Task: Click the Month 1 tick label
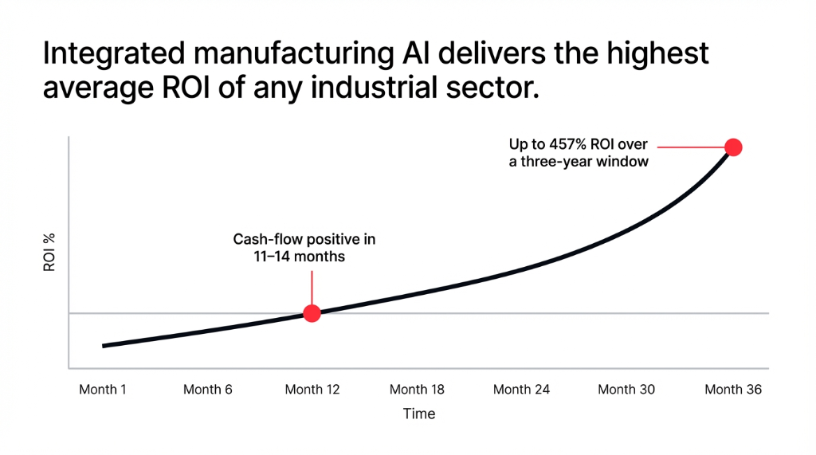[103, 390]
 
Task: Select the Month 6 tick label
[207, 390]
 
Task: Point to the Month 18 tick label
[417, 390]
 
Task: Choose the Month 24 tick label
[521, 390]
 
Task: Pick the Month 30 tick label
[627, 390]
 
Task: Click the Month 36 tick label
[733, 390]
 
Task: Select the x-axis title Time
[419, 414]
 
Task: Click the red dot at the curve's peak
[733, 147]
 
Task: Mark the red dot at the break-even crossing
[312, 313]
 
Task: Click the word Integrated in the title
[107, 55]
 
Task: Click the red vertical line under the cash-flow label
[312, 287]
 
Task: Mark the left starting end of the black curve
[104, 346]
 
